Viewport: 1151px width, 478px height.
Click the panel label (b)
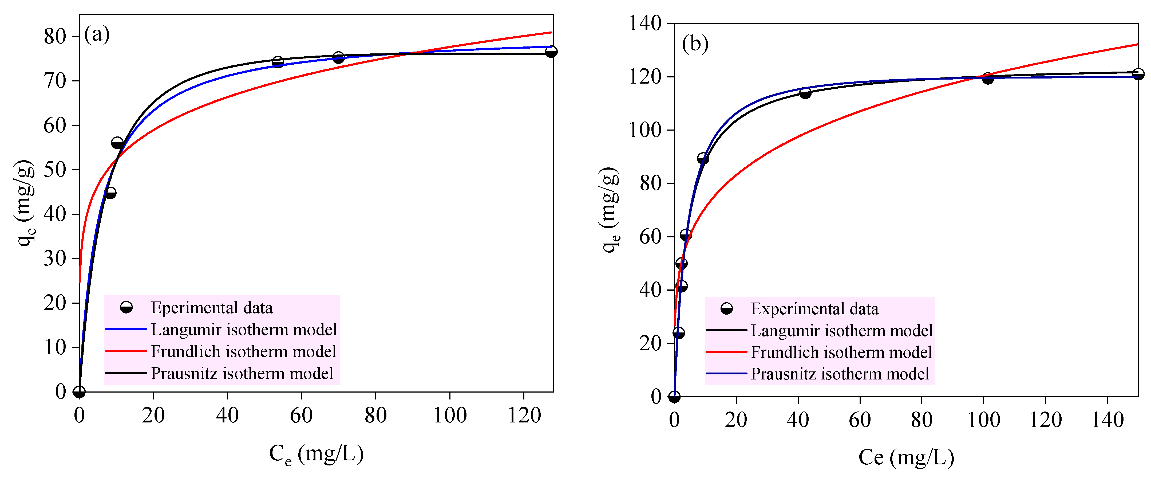[x=695, y=44]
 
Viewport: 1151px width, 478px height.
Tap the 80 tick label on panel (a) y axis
[x=55, y=37]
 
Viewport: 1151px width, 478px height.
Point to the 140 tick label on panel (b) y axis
[x=645, y=23]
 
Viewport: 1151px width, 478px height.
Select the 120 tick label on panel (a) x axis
[x=524, y=416]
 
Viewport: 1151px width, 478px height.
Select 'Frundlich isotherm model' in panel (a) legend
[x=243, y=351]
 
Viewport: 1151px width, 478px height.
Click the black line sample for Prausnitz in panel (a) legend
[x=126, y=373]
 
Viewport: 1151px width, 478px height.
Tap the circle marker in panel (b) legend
[x=726, y=308]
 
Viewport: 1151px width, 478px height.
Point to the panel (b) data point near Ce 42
[x=805, y=93]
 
